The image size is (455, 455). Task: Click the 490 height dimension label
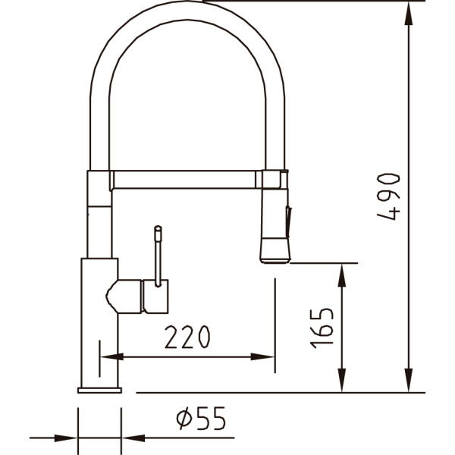point(388,196)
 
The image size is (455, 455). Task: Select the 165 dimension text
point(322,328)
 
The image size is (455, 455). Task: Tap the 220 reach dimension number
point(187,337)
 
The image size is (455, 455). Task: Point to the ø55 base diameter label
point(201,418)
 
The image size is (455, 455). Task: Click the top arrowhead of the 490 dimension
point(409,14)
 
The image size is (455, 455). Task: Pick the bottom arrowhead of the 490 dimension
point(409,380)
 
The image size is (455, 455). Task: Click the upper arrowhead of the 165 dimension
point(342,275)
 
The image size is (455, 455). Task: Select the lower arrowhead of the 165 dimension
point(342,380)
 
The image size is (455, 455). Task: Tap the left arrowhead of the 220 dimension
point(111,356)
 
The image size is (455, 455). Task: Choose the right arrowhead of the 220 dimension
point(262,356)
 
